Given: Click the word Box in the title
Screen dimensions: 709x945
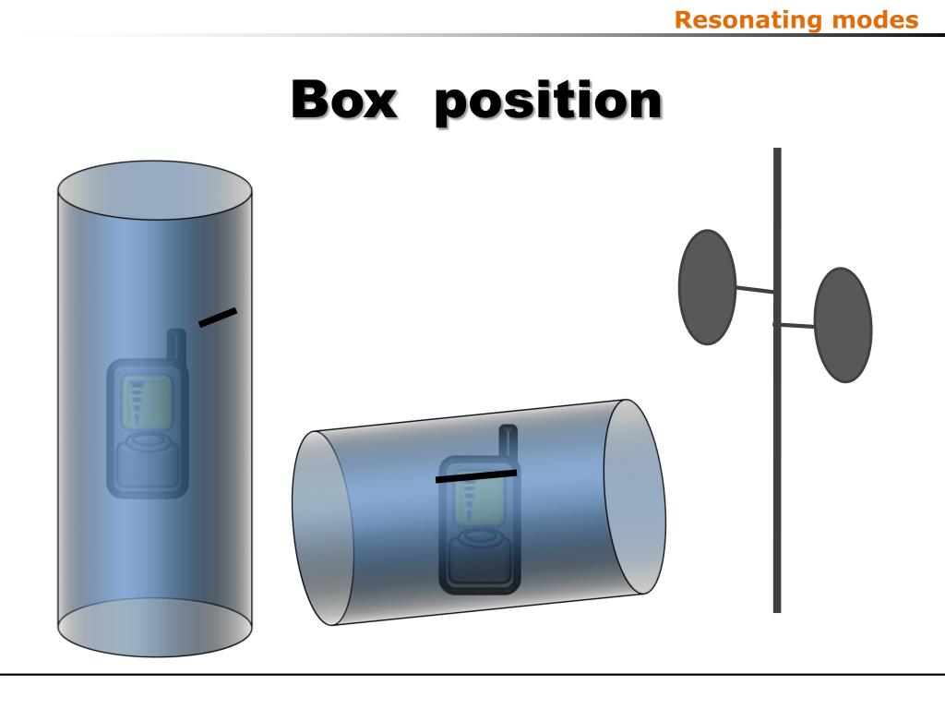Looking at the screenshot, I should coord(343,101).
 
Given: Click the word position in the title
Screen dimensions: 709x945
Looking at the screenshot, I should coord(548,102).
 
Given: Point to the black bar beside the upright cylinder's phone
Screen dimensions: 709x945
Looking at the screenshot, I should coord(218,317).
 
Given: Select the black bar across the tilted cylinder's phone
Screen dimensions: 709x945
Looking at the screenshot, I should coord(475,476).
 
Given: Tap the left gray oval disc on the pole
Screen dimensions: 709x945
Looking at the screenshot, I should coord(707,287).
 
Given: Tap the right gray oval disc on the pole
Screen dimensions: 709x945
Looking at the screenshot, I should coord(843,325).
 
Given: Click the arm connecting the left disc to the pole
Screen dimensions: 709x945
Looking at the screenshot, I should coord(754,290).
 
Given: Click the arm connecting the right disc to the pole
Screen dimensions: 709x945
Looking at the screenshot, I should coord(795,325).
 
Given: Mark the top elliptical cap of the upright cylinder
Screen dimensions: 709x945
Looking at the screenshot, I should coord(155,190).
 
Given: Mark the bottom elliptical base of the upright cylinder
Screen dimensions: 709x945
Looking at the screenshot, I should coord(155,628).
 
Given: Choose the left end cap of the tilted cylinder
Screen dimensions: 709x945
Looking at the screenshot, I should coord(318,528).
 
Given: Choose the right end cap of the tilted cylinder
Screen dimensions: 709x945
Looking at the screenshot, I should coord(635,497).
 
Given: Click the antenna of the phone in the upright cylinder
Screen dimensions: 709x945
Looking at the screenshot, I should coord(175,346).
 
